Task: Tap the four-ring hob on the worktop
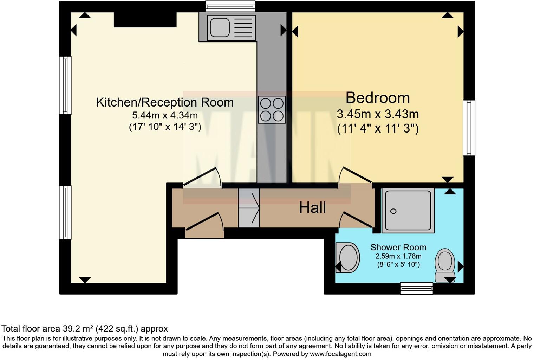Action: pyautogui.click(x=272, y=109)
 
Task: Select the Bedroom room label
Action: pyautogui.click(x=377, y=98)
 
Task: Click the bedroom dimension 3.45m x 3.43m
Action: pyautogui.click(x=377, y=114)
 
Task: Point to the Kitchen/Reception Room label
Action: pyautogui.click(x=165, y=102)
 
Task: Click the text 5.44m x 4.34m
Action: pyautogui.click(x=165, y=115)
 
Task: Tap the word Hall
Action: pyautogui.click(x=312, y=208)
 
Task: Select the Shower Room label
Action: pyautogui.click(x=398, y=247)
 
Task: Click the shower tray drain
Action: pyautogui.click(x=393, y=211)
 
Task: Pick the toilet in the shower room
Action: pyautogui.click(x=445, y=265)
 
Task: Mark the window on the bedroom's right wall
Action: pyautogui.click(x=469, y=128)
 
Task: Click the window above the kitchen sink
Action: pyautogui.click(x=230, y=6)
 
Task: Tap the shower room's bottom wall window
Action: pyautogui.click(x=416, y=288)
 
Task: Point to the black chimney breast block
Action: pyautogui.click(x=145, y=20)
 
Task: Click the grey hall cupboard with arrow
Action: pyautogui.click(x=249, y=208)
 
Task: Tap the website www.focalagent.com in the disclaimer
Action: pyautogui.click(x=340, y=354)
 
